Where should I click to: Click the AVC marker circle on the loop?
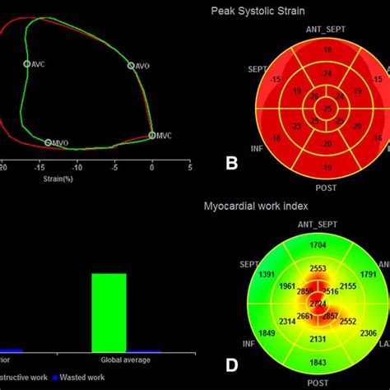[x=27, y=63]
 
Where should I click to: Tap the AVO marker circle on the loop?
[x=130, y=65]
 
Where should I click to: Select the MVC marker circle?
[x=152, y=136]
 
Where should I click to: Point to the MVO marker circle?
[x=48, y=143]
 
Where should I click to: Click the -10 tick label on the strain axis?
[x=77, y=167]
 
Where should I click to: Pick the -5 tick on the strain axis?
[x=114, y=167]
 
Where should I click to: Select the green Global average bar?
[x=109, y=312]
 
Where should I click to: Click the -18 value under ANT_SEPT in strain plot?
[x=327, y=50]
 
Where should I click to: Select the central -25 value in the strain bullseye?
[x=327, y=109]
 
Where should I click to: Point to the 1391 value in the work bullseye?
[x=267, y=275]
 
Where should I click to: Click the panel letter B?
[x=233, y=163]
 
